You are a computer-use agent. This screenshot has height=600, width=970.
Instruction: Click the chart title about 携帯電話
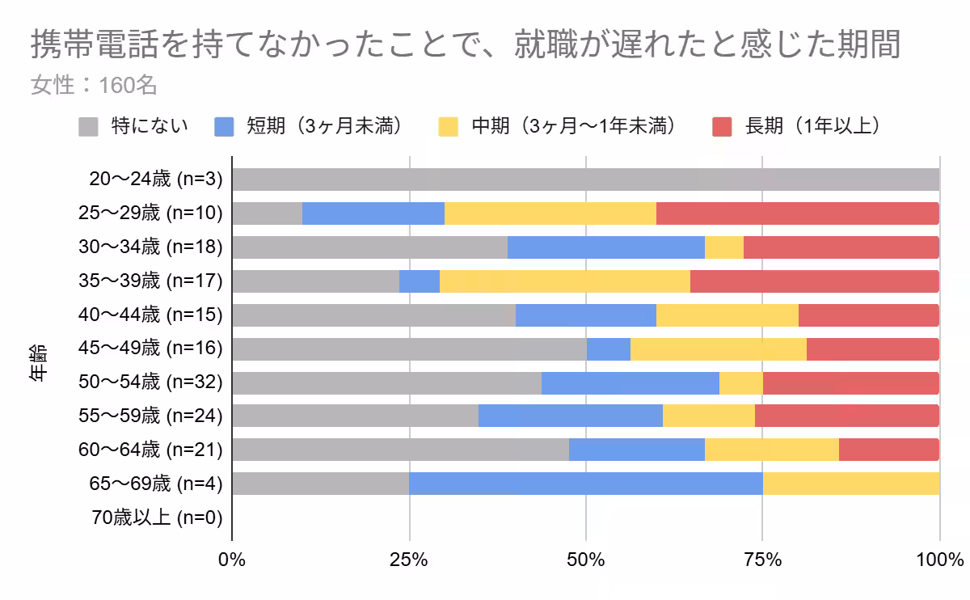tap(465, 46)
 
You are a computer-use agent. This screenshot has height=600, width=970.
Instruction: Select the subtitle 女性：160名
tap(94, 85)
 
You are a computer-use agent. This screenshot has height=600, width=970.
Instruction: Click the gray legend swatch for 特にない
tap(88, 127)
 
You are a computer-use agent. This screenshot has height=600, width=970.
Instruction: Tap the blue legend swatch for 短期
tap(224, 127)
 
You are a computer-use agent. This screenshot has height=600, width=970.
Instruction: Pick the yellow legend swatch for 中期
tap(449, 127)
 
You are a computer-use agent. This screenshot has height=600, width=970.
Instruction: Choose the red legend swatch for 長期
tap(722, 127)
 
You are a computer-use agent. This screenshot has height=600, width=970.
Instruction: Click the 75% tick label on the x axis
tap(762, 560)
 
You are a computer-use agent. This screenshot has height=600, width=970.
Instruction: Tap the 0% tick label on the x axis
tap(232, 560)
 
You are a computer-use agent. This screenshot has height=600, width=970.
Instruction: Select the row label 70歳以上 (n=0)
tap(156, 517)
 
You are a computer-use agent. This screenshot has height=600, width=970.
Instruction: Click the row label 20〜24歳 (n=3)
tap(156, 180)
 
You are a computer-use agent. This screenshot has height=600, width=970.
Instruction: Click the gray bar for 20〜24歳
tap(585, 180)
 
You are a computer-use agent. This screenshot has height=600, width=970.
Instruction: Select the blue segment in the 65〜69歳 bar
tap(585, 484)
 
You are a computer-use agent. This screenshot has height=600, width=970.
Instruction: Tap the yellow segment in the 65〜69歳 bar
tap(850, 484)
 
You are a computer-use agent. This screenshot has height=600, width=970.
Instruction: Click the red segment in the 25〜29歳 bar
tap(797, 213)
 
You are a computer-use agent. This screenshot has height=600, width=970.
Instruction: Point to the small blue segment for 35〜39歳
tap(420, 281)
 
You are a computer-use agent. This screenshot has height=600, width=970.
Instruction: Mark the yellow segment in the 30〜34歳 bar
tap(723, 247)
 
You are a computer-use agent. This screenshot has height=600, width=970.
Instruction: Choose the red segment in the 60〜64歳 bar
tap(888, 450)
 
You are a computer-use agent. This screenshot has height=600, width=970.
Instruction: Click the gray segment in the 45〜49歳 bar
tap(409, 349)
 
